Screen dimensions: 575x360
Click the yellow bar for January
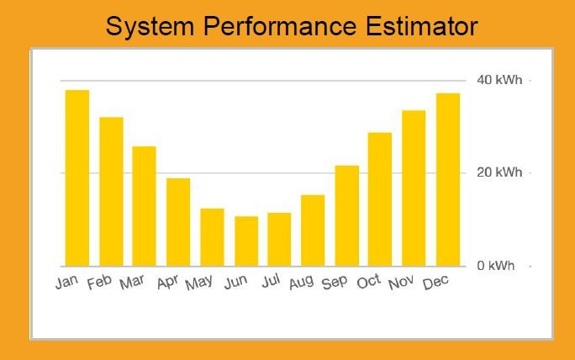[77, 178]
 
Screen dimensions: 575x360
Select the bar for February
[111, 192]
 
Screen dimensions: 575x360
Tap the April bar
[178, 222]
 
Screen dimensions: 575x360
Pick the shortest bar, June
[246, 241]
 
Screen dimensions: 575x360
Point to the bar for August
[313, 230]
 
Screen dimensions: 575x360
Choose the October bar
[380, 199]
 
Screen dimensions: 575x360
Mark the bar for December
[448, 180]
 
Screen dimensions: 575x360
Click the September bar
[347, 216]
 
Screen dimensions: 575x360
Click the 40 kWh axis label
[499, 80]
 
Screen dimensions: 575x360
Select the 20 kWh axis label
[499, 172]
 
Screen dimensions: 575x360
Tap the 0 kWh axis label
[495, 265]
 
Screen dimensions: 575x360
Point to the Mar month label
[132, 283]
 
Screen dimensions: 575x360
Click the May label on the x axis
[198, 283]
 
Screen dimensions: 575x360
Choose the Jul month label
[271, 281]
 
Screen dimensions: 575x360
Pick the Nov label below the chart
[401, 283]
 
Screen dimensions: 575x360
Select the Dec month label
[435, 283]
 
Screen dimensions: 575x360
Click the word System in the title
[150, 27]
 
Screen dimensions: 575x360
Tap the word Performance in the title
[280, 26]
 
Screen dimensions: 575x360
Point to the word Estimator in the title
[422, 26]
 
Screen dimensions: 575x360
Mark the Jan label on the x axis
[66, 282]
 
